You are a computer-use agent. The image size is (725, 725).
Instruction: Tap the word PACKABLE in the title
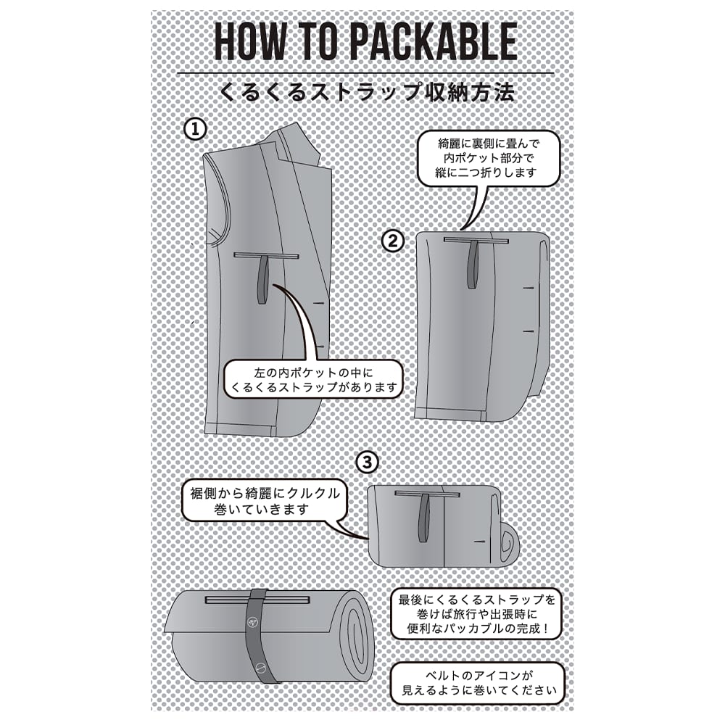click(434, 41)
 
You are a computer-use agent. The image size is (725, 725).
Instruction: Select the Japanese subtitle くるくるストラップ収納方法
click(366, 93)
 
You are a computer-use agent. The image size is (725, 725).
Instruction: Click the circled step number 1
click(195, 130)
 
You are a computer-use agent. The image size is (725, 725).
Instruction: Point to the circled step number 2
click(393, 241)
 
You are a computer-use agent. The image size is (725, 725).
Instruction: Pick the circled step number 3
click(368, 462)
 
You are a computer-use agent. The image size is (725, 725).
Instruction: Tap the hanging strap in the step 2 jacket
click(473, 265)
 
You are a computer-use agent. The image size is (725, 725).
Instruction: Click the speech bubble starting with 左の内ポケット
click(313, 380)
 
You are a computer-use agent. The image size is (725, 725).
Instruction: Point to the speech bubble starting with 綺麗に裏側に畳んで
click(488, 158)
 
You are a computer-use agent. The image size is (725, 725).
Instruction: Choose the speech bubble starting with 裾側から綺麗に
click(265, 501)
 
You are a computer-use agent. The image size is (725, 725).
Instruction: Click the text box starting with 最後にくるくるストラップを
click(476, 613)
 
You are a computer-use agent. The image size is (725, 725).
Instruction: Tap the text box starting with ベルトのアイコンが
click(478, 682)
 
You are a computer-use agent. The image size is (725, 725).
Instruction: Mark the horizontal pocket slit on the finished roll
click(257, 600)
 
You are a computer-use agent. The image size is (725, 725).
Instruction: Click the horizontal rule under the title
click(365, 73)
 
